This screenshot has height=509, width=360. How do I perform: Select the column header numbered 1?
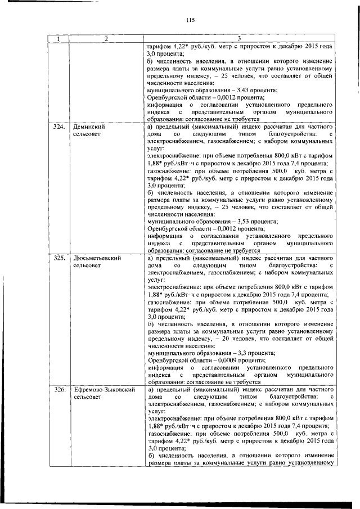pyautogui.click(x=57, y=39)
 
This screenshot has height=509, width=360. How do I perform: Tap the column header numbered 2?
pyautogui.click(x=105, y=39)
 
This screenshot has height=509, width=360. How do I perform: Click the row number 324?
pyautogui.click(x=57, y=127)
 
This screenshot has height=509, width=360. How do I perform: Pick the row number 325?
pyautogui.click(x=57, y=258)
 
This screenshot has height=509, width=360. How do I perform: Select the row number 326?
pyautogui.click(x=57, y=389)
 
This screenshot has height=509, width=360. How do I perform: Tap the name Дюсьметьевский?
pyautogui.click(x=99, y=258)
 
